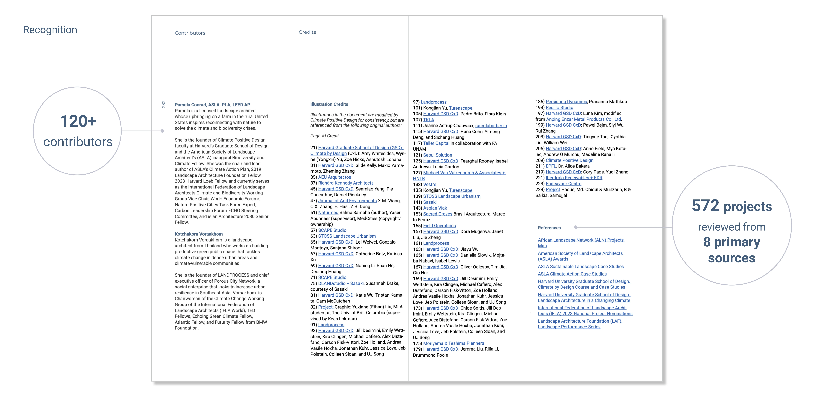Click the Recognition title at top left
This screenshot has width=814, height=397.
50,30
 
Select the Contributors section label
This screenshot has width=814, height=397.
190,33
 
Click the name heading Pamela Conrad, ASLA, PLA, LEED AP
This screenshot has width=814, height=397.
212,105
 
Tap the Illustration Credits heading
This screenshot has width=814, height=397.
329,104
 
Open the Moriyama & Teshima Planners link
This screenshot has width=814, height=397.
453,343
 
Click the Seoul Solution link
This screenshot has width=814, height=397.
437,155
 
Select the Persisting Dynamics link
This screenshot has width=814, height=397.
566,102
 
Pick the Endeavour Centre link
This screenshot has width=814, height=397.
563,184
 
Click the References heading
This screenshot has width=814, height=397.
549,228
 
